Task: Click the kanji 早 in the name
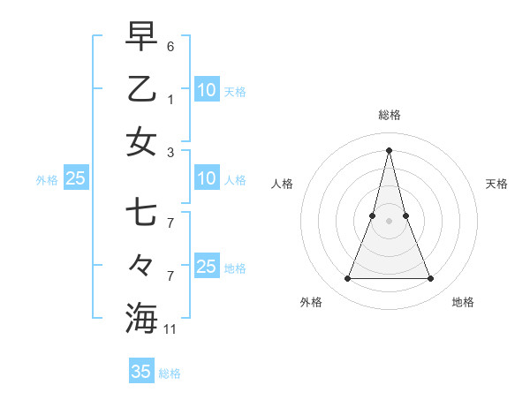tap(141, 37)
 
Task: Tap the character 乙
tap(141, 89)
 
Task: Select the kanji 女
tap(141, 140)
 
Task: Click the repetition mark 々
tap(141, 265)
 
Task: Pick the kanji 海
tap(141, 317)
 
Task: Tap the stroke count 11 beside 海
tap(170, 329)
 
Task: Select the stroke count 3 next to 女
tap(170, 153)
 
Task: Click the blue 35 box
tap(141, 372)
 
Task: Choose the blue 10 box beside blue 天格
tap(207, 89)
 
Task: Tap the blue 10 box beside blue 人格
tap(207, 178)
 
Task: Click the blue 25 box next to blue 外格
tap(75, 178)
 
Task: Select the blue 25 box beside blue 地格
tap(207, 267)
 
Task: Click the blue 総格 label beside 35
tap(170, 373)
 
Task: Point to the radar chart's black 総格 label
tap(389, 115)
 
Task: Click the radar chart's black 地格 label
tap(463, 303)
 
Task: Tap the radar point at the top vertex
tap(389, 150)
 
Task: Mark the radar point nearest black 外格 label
tap(347, 279)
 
